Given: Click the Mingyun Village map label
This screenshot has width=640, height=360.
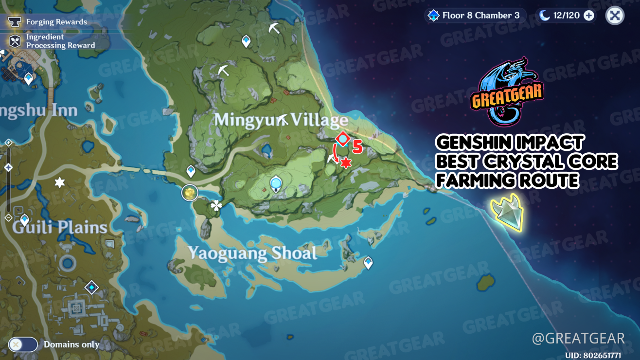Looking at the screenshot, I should click(x=281, y=120).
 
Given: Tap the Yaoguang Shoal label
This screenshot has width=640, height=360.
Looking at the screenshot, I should click(x=252, y=253).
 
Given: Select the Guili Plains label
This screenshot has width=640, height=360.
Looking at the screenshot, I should click(x=59, y=227).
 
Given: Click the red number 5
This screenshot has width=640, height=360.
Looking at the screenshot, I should click(x=357, y=147).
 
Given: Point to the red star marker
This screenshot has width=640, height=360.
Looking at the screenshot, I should click(x=346, y=163).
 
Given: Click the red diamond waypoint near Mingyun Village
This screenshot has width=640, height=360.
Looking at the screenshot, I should click(x=343, y=139).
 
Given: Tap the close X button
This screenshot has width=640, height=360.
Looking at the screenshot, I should click(x=615, y=16).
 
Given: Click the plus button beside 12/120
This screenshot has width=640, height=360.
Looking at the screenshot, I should click(x=589, y=16).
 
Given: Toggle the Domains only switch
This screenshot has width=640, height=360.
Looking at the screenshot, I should click(x=23, y=344).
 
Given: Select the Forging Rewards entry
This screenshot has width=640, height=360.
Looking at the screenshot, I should click(x=56, y=22).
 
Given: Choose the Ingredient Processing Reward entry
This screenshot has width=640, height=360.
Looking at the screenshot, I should click(x=60, y=41).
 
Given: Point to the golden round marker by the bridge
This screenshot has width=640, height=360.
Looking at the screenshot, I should click(x=190, y=193).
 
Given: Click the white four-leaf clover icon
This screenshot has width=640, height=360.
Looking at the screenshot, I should click(x=216, y=206).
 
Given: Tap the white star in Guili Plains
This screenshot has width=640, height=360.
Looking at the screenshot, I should click(x=59, y=182).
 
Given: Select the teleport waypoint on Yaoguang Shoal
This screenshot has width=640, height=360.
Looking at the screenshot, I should click(x=368, y=263).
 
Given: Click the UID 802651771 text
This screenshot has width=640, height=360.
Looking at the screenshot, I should click(x=593, y=356).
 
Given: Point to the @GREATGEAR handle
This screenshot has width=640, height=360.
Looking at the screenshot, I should click(x=578, y=338).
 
